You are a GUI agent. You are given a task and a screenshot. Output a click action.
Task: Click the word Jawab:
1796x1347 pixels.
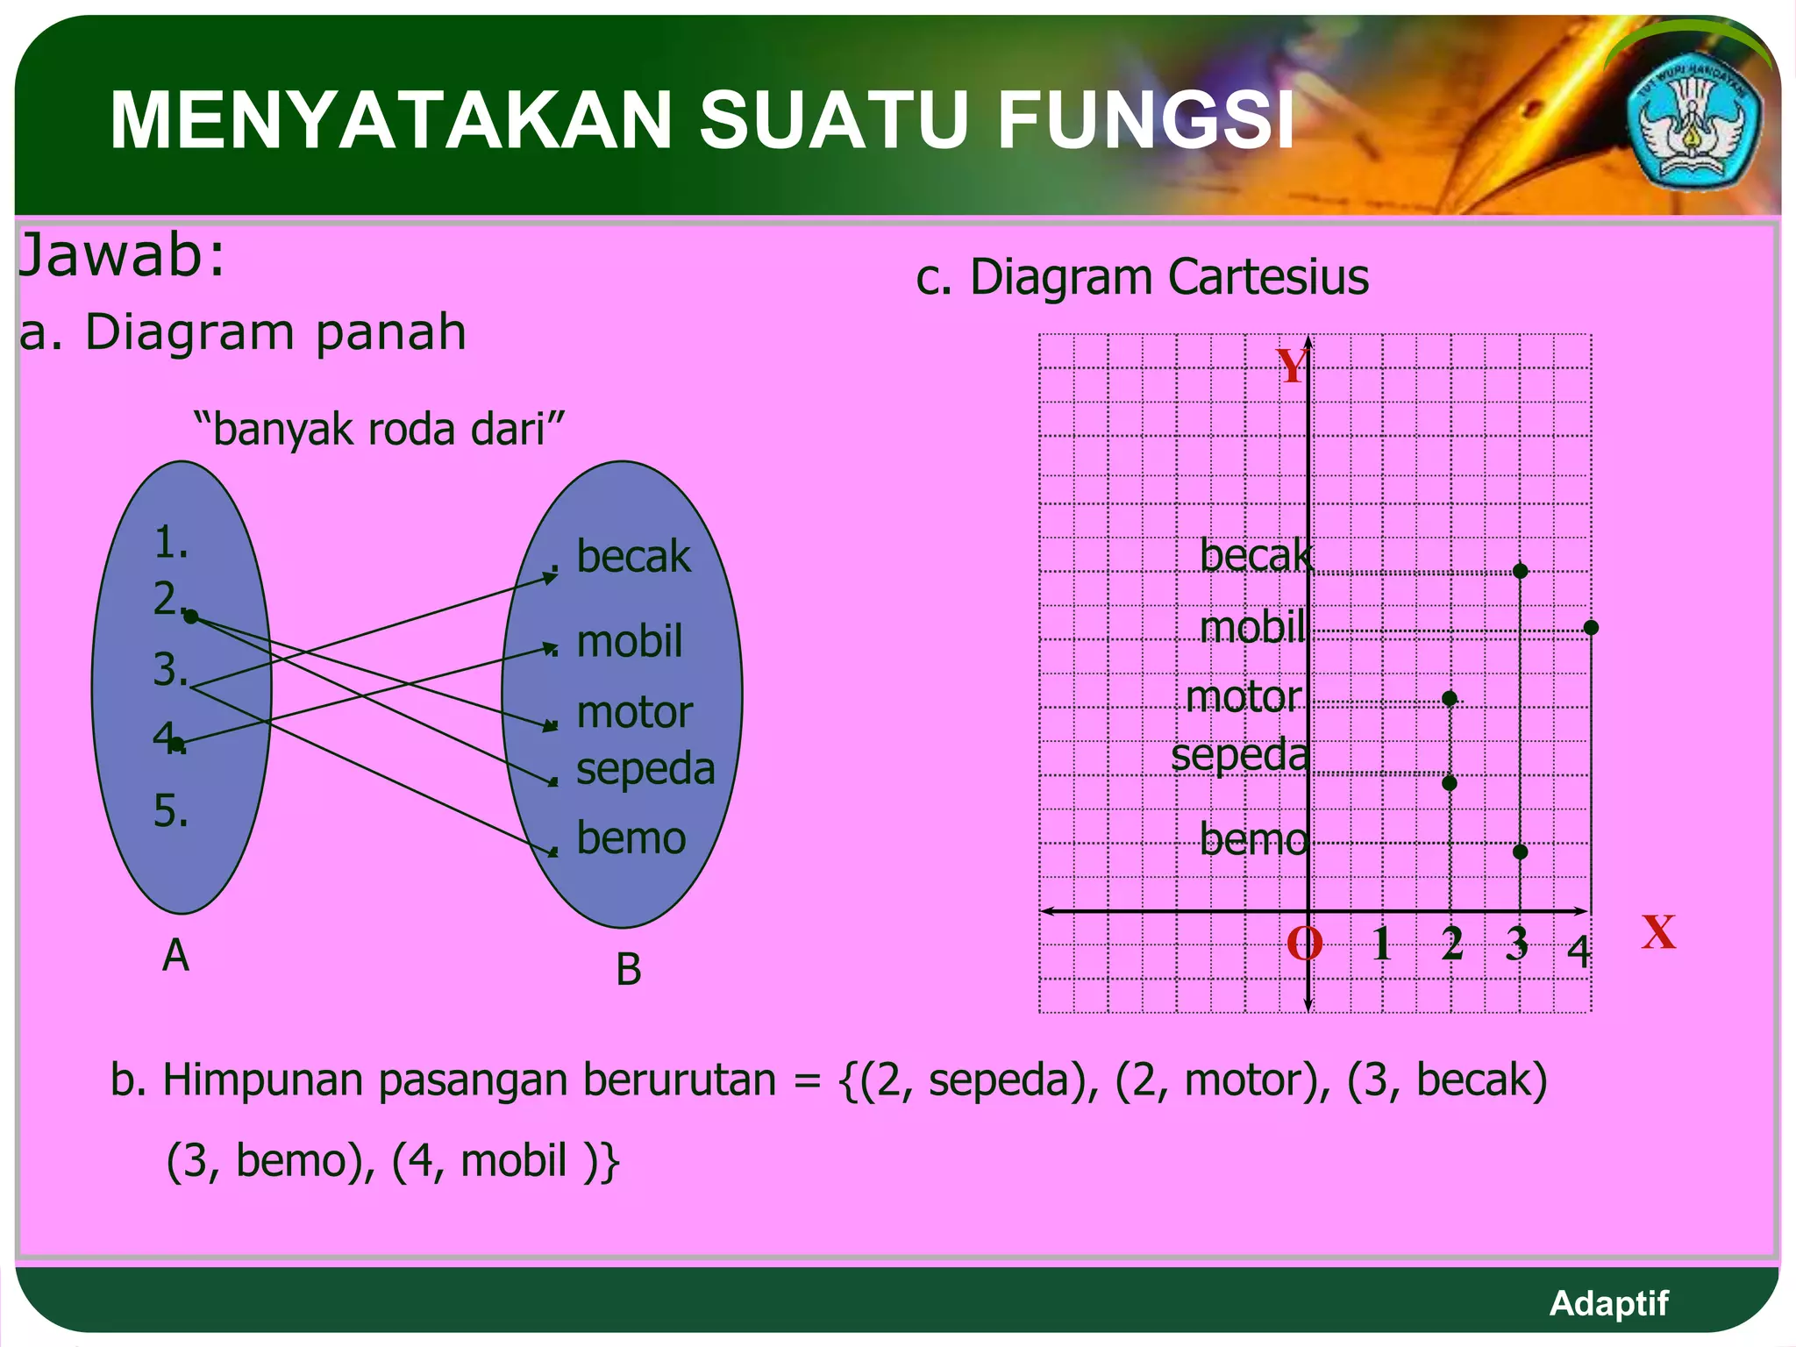coord(122,255)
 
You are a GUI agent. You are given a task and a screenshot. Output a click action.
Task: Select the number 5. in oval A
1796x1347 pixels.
coord(171,810)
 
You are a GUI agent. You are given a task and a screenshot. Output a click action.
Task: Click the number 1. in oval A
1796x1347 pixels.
coord(171,543)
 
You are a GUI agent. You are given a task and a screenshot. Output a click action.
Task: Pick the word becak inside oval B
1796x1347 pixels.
coord(633,557)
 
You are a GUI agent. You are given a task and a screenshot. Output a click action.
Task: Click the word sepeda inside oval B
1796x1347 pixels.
coord(645,768)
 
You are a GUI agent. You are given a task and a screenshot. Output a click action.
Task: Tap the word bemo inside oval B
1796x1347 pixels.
coord(631,837)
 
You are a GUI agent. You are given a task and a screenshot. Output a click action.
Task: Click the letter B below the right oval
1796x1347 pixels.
coord(628,970)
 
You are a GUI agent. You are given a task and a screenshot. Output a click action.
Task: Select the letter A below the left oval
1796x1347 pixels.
coord(175,955)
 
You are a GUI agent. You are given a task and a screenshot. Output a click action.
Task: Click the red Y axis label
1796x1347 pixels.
coord(1292,366)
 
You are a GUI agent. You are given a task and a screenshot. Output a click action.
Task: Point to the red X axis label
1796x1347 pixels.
coord(1658,932)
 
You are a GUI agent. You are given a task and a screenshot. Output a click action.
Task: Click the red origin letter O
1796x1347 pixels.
coord(1304,944)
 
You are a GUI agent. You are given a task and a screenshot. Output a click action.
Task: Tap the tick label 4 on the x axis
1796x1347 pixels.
coord(1579,951)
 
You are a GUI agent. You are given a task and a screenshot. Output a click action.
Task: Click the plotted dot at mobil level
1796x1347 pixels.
coord(1591,628)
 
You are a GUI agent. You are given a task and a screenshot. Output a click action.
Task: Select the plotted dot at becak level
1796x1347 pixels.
coord(1521,571)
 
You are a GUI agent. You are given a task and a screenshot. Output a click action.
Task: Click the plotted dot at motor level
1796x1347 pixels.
coord(1450,698)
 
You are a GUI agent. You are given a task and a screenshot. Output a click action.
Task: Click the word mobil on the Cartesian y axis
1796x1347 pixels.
coord(1252,627)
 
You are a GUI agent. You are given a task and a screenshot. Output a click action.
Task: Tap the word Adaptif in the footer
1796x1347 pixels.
coord(1608,1303)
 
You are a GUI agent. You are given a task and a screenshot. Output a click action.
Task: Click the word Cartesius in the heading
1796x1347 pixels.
coord(1268,277)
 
